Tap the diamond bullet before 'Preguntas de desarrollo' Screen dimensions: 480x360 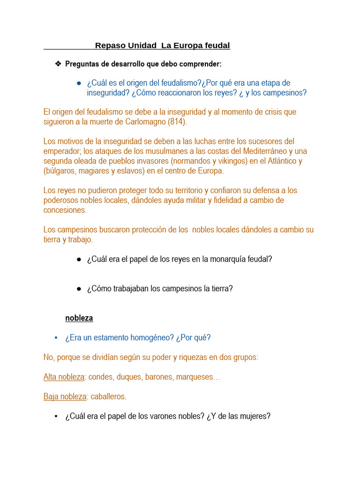(x=58, y=63)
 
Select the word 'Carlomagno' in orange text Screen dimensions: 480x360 (x=146, y=122)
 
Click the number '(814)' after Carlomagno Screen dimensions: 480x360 (x=176, y=122)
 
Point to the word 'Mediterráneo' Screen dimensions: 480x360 (x=265, y=151)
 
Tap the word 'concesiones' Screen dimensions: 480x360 (x=65, y=210)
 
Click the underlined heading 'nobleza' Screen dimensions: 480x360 (x=79, y=318)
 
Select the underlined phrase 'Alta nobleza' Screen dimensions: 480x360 (x=64, y=377)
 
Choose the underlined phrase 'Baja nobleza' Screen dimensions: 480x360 (x=65, y=397)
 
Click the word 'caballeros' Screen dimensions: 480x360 (x=108, y=397)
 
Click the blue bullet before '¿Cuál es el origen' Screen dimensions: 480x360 (x=79, y=83)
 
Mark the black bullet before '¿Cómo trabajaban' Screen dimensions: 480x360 (x=79, y=288)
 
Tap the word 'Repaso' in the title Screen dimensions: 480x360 (x=111, y=45)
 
